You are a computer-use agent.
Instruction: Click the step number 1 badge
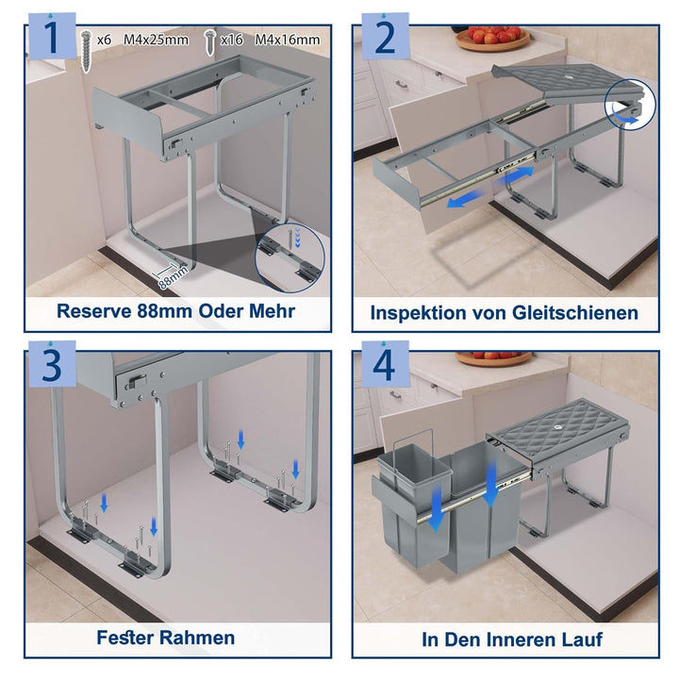pos(52,37)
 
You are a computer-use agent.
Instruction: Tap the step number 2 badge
pos(385,37)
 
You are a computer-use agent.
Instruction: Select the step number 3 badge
pos(52,365)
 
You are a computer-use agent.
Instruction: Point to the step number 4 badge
pos(385,365)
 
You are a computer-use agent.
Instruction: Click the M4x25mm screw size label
pos(156,40)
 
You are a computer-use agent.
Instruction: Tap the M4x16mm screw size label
pos(288,40)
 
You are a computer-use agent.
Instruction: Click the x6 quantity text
pos(104,41)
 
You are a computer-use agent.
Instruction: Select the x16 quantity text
pos(231,41)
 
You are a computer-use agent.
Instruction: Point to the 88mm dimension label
pos(174,277)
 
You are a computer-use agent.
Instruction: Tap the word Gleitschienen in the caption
pos(575,313)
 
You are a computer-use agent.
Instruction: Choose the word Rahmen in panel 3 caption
pos(197,638)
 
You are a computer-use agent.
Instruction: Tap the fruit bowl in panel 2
pos(492,38)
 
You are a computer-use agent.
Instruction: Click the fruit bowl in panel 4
pos(493,358)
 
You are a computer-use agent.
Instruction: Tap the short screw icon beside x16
pos(210,42)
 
